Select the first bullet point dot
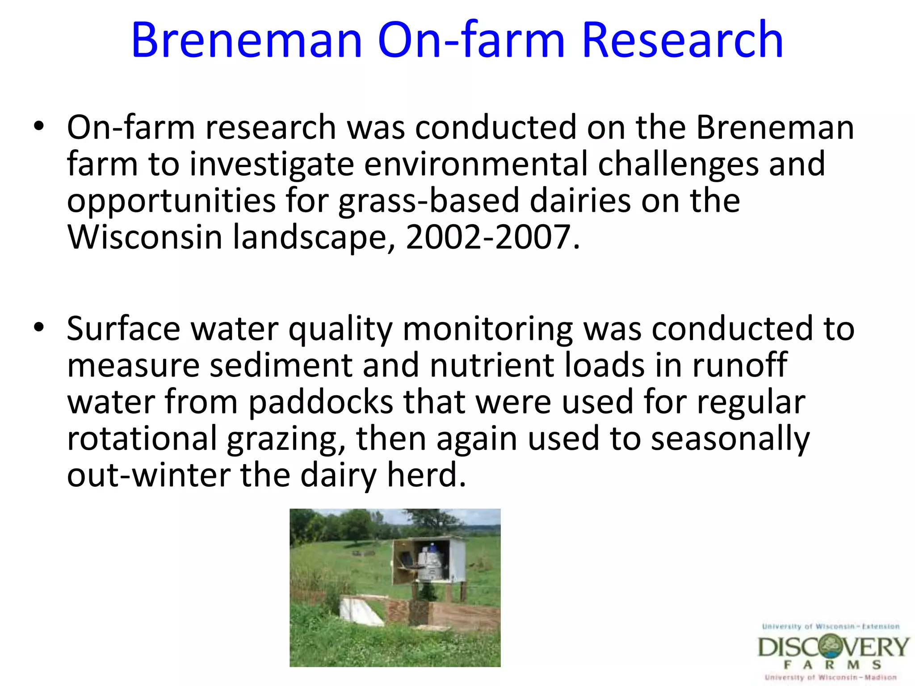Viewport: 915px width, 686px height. coord(39,127)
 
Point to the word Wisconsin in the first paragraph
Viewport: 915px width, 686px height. coord(144,237)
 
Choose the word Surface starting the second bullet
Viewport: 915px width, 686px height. coord(123,329)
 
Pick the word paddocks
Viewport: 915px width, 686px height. coord(320,402)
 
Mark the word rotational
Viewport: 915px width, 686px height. coord(142,439)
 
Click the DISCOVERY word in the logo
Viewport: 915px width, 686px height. coord(833,647)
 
